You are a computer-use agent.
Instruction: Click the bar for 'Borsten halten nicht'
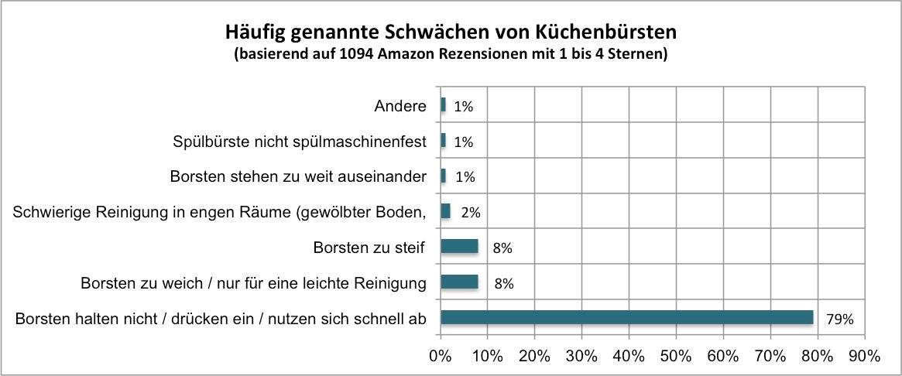627,317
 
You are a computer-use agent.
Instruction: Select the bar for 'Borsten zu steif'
459,247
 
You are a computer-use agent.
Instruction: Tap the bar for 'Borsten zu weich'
459,282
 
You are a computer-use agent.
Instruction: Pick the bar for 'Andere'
443,105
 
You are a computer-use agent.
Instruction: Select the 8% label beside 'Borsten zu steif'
503,248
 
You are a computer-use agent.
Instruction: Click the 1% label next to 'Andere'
464,106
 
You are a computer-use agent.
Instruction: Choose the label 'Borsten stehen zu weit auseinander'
298,176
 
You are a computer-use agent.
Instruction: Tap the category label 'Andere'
400,106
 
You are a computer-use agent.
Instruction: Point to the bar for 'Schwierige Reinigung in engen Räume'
445,211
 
